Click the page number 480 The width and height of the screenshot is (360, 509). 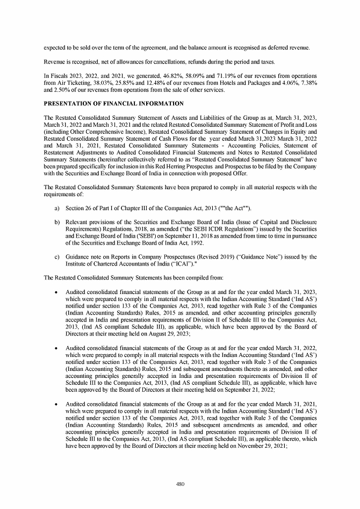click(x=180, y=484)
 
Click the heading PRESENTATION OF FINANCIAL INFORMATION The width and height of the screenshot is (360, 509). click(x=114, y=103)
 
